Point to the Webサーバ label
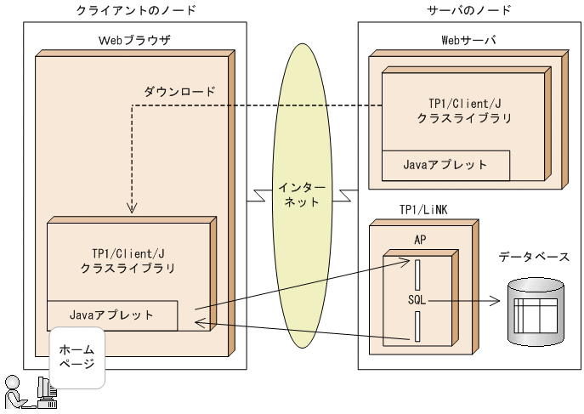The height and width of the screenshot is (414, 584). (x=468, y=41)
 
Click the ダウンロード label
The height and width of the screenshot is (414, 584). (x=179, y=90)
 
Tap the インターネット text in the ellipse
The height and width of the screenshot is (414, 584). (x=298, y=195)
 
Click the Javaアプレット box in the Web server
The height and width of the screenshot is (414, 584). (x=445, y=165)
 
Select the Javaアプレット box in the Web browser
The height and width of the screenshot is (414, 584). (x=112, y=315)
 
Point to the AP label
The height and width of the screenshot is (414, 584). (x=419, y=239)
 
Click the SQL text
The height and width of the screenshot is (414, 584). (x=417, y=300)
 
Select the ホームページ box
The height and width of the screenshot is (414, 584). (x=77, y=356)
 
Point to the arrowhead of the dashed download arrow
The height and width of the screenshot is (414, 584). (x=132, y=209)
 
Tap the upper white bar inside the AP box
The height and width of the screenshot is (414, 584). (x=417, y=274)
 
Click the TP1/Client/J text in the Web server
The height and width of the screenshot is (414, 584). (x=464, y=103)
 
